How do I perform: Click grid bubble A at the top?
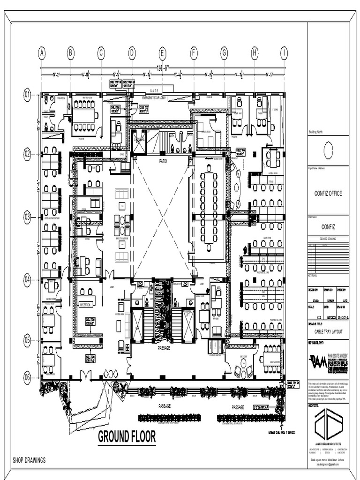click(42, 53)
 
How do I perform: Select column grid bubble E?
click(162, 53)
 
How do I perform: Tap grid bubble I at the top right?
click(284, 53)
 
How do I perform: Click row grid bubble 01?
click(27, 95)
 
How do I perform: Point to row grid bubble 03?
click(27, 217)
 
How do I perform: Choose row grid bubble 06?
click(27, 376)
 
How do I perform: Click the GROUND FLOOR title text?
click(127, 437)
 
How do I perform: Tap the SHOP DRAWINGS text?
click(29, 460)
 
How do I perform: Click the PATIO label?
click(163, 161)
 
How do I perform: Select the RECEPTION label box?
click(85, 305)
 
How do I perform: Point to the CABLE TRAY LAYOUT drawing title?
click(328, 331)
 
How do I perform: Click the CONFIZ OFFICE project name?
click(328, 194)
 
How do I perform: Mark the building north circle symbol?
click(328, 150)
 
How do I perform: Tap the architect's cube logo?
click(328, 424)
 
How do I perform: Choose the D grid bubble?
click(132, 53)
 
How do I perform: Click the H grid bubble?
click(255, 53)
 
